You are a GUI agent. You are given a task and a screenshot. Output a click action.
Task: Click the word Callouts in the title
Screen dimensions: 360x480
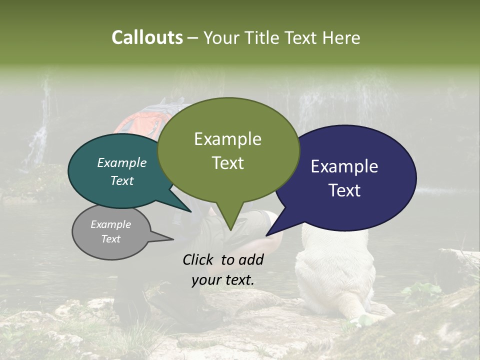(147, 38)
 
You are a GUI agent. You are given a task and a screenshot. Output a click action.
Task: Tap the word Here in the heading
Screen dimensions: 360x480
(340, 38)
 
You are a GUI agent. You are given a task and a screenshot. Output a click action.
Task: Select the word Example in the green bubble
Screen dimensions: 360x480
(227, 139)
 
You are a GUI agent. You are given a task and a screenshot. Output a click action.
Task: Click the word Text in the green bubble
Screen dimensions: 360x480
(227, 163)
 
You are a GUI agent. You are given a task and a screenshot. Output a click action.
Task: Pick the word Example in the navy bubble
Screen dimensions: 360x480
(344, 166)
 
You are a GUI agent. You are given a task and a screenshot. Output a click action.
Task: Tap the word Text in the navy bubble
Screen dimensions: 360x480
(344, 190)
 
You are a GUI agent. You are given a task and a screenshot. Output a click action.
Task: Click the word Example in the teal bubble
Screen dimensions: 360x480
(121, 163)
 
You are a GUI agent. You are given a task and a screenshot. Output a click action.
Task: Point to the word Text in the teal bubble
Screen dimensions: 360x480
(121, 180)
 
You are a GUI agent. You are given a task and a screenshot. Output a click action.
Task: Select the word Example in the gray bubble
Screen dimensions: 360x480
(110, 224)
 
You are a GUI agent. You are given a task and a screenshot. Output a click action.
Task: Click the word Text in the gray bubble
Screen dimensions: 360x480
(110, 239)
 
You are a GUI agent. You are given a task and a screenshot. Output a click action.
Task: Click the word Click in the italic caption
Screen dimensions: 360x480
(199, 259)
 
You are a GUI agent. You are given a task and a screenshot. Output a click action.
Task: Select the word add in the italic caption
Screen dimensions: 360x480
(251, 259)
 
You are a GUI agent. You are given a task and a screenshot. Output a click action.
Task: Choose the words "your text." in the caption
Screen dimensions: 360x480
(222, 280)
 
